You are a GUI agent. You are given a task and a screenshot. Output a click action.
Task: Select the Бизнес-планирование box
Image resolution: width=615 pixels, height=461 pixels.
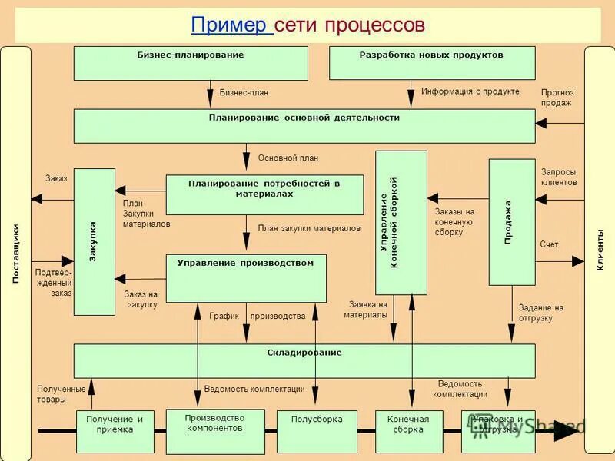coord(191,63)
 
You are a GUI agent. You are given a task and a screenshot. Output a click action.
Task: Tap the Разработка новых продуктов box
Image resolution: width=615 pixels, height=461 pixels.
coord(431,63)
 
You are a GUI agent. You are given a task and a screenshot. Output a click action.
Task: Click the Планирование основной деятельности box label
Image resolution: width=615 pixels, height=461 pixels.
coord(304,118)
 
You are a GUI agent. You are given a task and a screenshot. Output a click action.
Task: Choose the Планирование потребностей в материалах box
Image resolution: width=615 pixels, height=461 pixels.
coord(264,194)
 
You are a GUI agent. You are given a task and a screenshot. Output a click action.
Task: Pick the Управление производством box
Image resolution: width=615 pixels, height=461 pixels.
coord(246,278)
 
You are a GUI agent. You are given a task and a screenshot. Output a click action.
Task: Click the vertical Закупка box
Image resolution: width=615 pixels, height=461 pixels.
coord(94,242)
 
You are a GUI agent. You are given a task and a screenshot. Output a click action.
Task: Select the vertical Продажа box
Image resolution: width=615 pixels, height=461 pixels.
coord(512,222)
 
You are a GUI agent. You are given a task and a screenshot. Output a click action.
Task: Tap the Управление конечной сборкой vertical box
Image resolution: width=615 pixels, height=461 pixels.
coord(401,223)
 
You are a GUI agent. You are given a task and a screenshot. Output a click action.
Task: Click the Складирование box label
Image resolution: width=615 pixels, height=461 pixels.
coord(304,353)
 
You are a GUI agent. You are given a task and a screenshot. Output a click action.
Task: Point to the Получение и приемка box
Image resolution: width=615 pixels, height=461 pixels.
coord(115,431)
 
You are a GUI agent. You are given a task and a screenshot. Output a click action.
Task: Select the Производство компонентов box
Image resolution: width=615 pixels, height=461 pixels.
coord(214,430)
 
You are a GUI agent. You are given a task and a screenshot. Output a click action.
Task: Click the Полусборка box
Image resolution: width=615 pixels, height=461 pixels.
coord(317,431)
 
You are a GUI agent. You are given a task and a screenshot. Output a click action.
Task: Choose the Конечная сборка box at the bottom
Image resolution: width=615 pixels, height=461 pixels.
coord(408,431)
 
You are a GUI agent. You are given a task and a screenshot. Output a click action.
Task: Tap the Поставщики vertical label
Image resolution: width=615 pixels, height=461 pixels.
coord(15,254)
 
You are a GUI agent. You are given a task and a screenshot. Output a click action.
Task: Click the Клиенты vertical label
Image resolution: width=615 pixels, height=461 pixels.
coord(600,250)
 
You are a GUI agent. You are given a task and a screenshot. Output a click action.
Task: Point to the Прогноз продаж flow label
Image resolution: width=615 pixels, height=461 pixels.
coord(557,98)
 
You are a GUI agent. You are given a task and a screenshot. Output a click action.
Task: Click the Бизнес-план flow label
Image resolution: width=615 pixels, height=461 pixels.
coord(244,93)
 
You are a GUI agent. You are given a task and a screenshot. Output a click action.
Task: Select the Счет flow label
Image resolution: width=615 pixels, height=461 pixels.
coord(549,244)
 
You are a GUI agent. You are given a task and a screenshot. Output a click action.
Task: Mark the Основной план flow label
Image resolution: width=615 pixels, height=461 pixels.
coord(288,158)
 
